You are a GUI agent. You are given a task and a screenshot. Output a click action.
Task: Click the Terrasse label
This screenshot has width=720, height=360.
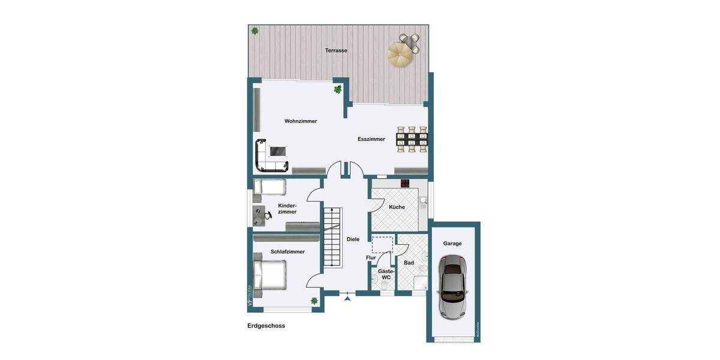coord(336,50)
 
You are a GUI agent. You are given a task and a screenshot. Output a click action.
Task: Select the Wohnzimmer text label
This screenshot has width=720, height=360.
coord(301,121)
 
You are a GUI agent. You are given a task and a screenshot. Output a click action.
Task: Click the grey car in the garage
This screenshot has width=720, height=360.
coord(452,286)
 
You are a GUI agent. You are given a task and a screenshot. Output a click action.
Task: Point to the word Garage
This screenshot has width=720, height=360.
coord(452,244)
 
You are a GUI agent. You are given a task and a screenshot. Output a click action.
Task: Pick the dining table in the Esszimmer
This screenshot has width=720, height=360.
coord(412,139)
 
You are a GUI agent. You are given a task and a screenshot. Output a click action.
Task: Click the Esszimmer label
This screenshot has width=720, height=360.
coord(371,139)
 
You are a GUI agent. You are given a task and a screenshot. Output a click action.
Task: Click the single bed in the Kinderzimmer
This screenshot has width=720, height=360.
coord(269,187)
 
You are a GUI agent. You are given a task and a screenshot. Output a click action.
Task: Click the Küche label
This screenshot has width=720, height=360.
coord(397,207)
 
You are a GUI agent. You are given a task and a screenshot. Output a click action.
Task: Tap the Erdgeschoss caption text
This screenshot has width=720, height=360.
coord(266,326)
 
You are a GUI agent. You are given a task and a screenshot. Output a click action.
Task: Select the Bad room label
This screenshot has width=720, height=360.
coord(409,263)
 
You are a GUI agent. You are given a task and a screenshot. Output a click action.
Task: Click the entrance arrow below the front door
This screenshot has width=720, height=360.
coord(347,298)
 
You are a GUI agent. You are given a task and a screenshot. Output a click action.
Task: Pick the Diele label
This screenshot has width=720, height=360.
coord(353,239)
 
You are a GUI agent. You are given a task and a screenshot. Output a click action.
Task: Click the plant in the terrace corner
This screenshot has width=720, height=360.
coord(255,31)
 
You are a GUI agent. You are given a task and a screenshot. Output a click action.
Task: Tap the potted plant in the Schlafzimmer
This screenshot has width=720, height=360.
coord(314,301)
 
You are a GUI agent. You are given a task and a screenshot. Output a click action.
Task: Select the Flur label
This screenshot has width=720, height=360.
coord(371,258)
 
